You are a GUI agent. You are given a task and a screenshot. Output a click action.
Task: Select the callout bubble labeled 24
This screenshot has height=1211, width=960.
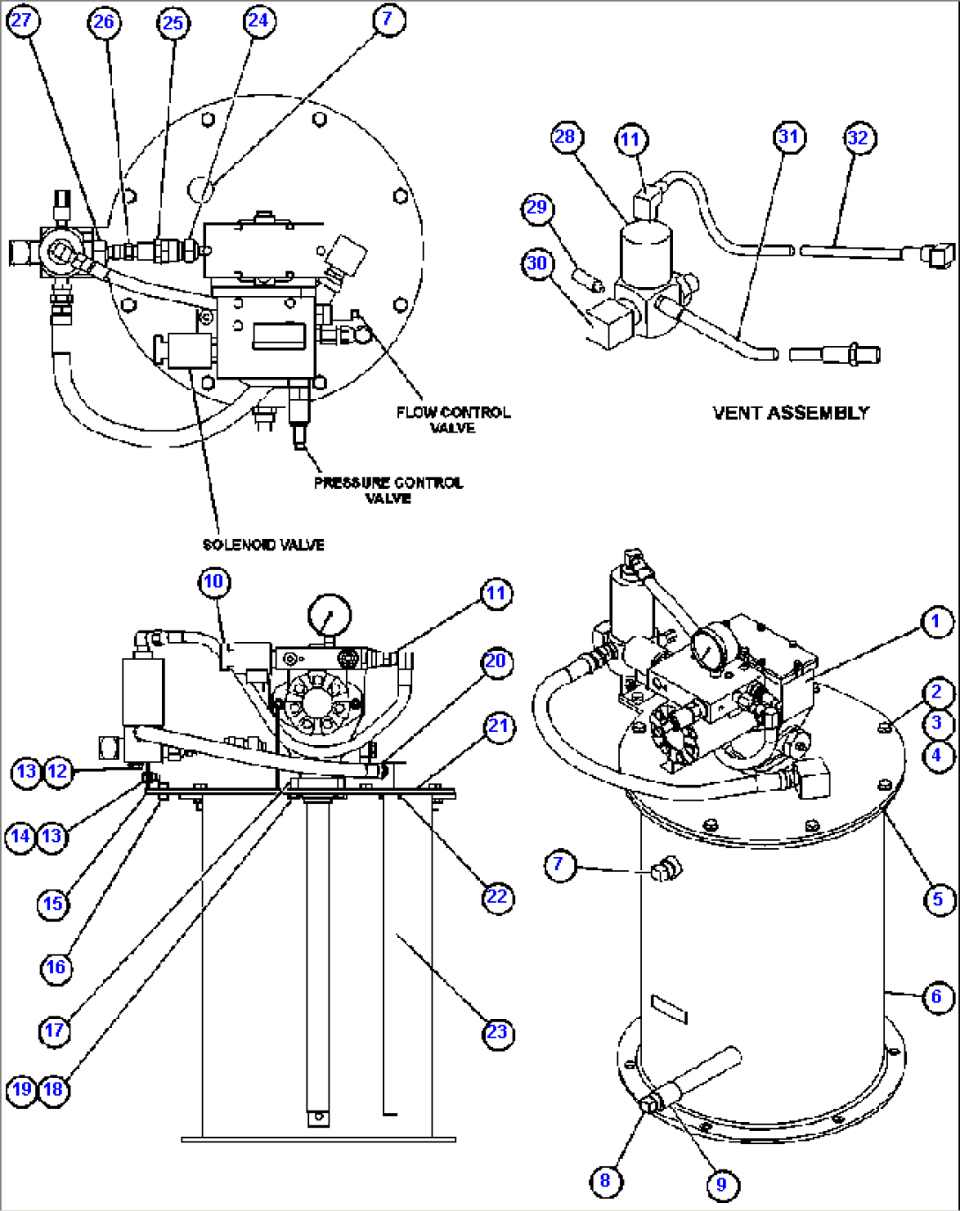(x=257, y=20)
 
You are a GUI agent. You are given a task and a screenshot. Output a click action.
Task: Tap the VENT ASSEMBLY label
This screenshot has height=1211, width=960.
(x=790, y=412)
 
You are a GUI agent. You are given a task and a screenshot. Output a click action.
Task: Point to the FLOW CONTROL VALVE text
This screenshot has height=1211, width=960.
(x=453, y=419)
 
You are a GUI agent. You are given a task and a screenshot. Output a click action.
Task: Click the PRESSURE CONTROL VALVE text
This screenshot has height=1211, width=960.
(x=388, y=491)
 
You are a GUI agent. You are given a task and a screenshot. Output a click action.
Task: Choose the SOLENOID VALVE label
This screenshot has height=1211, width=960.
(x=263, y=544)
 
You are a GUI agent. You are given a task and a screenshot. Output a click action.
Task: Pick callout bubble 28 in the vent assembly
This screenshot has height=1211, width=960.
(x=565, y=137)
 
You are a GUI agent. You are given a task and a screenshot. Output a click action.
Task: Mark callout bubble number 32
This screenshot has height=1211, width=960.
(x=858, y=138)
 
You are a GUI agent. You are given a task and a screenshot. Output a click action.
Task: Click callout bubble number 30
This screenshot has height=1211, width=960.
(x=536, y=263)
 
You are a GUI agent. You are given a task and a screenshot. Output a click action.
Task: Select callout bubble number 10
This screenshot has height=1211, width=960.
(x=214, y=582)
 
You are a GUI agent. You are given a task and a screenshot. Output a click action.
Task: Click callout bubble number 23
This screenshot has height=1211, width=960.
(x=497, y=1032)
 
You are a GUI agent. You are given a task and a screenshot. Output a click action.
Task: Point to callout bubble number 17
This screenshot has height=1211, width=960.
(x=55, y=1030)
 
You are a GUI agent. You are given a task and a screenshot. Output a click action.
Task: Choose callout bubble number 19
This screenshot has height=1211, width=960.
(x=21, y=1089)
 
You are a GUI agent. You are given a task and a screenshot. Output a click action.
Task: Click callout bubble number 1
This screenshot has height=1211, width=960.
(x=936, y=622)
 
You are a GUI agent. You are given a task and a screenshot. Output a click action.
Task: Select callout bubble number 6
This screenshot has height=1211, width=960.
(x=936, y=997)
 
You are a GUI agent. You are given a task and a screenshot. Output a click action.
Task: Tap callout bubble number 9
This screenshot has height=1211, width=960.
(x=721, y=1185)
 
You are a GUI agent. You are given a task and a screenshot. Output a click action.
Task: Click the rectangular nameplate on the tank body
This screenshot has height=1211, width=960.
(x=668, y=1008)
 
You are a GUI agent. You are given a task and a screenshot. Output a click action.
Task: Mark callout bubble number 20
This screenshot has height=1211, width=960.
(x=496, y=661)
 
